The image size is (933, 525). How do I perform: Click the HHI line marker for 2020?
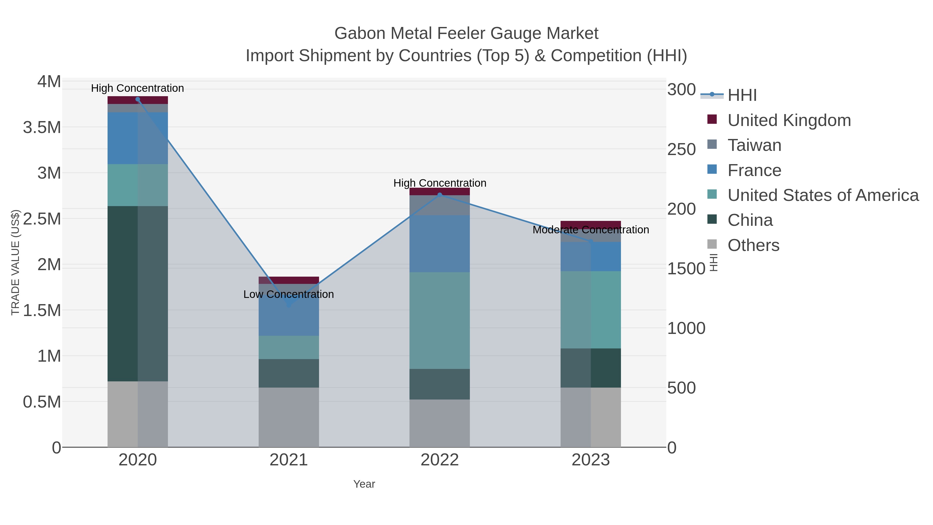[x=138, y=99]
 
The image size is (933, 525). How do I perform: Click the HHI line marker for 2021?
[x=289, y=305]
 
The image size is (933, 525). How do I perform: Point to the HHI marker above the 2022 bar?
[x=440, y=195]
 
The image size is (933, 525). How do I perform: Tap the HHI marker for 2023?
[x=590, y=241]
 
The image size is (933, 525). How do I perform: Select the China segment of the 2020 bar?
[x=138, y=293]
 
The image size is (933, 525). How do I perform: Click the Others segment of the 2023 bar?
[x=590, y=417]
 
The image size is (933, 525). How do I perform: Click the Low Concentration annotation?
[x=289, y=294]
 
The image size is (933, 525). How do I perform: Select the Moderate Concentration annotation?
[x=590, y=230]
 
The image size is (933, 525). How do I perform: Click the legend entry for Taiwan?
[x=754, y=145]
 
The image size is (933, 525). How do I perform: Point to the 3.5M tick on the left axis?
[x=42, y=128]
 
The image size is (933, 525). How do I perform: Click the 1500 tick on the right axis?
[x=685, y=269]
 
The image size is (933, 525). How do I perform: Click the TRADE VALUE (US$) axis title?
[x=16, y=262]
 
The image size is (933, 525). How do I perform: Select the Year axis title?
[x=364, y=484]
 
